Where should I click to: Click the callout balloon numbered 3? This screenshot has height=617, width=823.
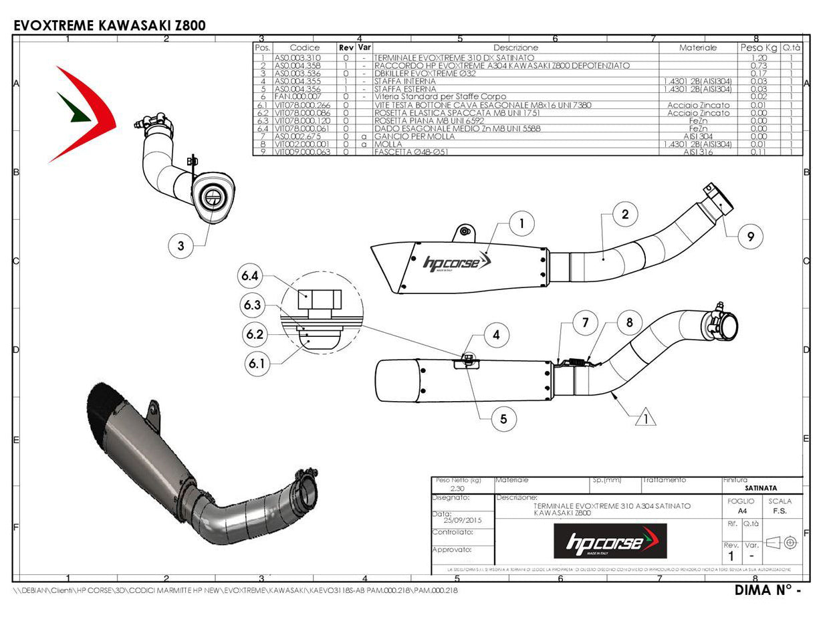pyautogui.click(x=181, y=246)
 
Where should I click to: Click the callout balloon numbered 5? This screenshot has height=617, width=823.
pyautogui.click(x=503, y=419)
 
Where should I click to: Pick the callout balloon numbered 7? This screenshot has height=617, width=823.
pyautogui.click(x=585, y=323)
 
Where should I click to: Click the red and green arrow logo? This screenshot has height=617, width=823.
pyautogui.click(x=82, y=114)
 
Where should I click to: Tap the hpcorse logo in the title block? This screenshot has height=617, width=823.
pyautogui.click(x=610, y=541)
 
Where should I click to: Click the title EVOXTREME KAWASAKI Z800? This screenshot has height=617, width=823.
pyautogui.click(x=110, y=25)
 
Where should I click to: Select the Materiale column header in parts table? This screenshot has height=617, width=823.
pyautogui.click(x=697, y=48)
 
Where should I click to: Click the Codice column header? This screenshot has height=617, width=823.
pyautogui.click(x=305, y=48)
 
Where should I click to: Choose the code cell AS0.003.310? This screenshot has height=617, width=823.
pyautogui.click(x=298, y=58)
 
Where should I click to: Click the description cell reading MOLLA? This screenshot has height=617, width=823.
pyautogui.click(x=389, y=144)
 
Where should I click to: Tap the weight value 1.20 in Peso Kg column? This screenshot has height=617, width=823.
pyautogui.click(x=758, y=58)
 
